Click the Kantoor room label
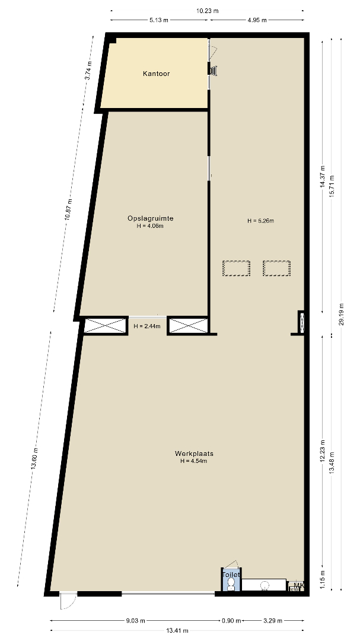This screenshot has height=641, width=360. (156, 74)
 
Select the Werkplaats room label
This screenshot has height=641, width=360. (194, 454)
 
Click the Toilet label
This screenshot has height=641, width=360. (231, 575)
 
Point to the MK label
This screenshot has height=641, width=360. (299, 585)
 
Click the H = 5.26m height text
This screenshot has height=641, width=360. (260, 221)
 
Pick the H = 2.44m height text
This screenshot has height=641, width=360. (147, 326)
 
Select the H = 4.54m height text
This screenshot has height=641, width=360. (194, 461)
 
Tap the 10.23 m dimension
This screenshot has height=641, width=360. (207, 11)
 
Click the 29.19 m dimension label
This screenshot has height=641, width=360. (342, 314)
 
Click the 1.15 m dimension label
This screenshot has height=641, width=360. (323, 580)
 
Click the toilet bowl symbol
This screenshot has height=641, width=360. (231, 584)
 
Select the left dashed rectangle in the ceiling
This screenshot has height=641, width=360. (236, 268)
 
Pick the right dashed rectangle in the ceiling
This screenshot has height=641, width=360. (276, 268)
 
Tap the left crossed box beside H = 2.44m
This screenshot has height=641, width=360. (106, 326)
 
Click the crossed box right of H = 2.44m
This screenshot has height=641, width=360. (189, 326)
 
